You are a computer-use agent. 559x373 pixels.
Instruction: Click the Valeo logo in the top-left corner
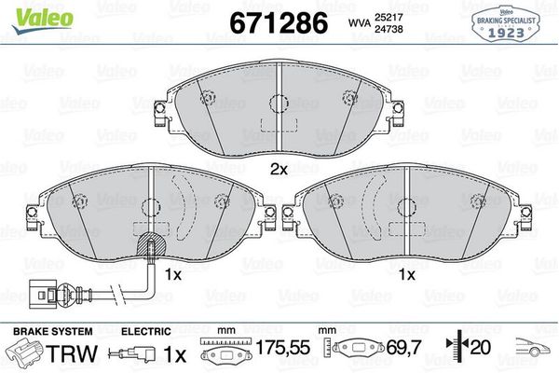pos(31,12)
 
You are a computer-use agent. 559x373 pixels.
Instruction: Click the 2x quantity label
pos(278,170)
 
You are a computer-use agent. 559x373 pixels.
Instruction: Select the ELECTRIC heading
pos(145,331)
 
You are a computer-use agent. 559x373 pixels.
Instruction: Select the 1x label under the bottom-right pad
pos(406,276)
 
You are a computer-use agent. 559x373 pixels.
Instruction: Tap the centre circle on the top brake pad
pos(277,105)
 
